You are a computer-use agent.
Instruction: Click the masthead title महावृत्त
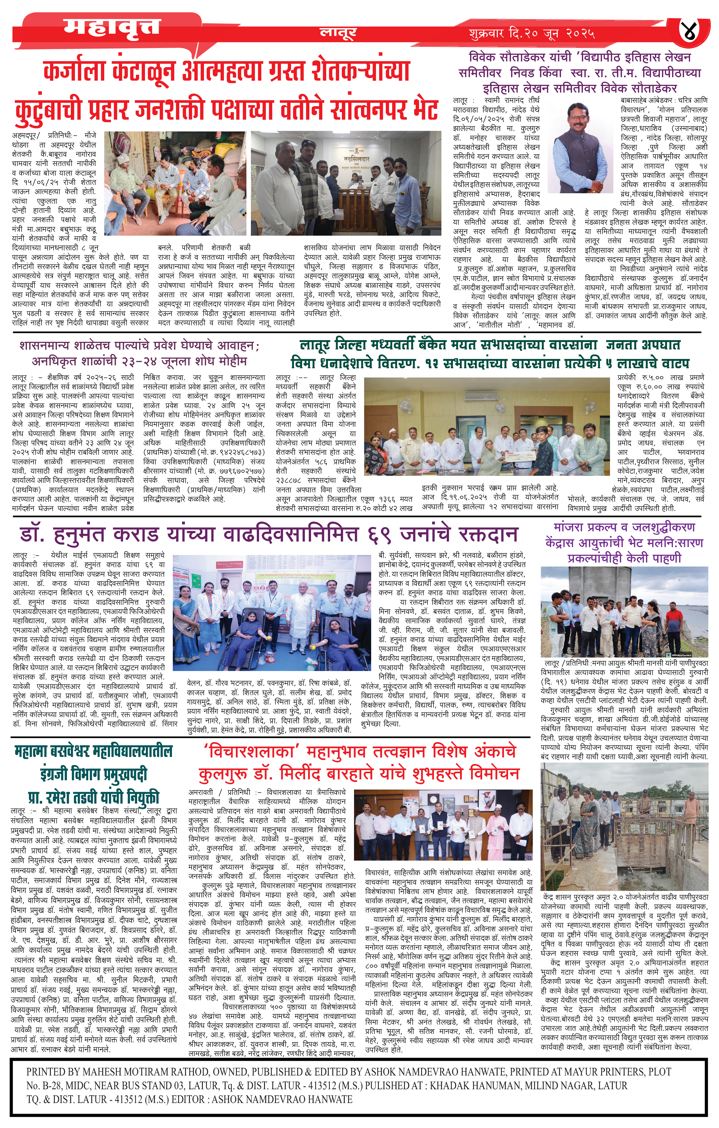112,27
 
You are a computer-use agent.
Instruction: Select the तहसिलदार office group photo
346,183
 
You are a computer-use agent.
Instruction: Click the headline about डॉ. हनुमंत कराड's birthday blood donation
269,534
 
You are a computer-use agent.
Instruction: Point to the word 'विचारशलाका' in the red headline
250,751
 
